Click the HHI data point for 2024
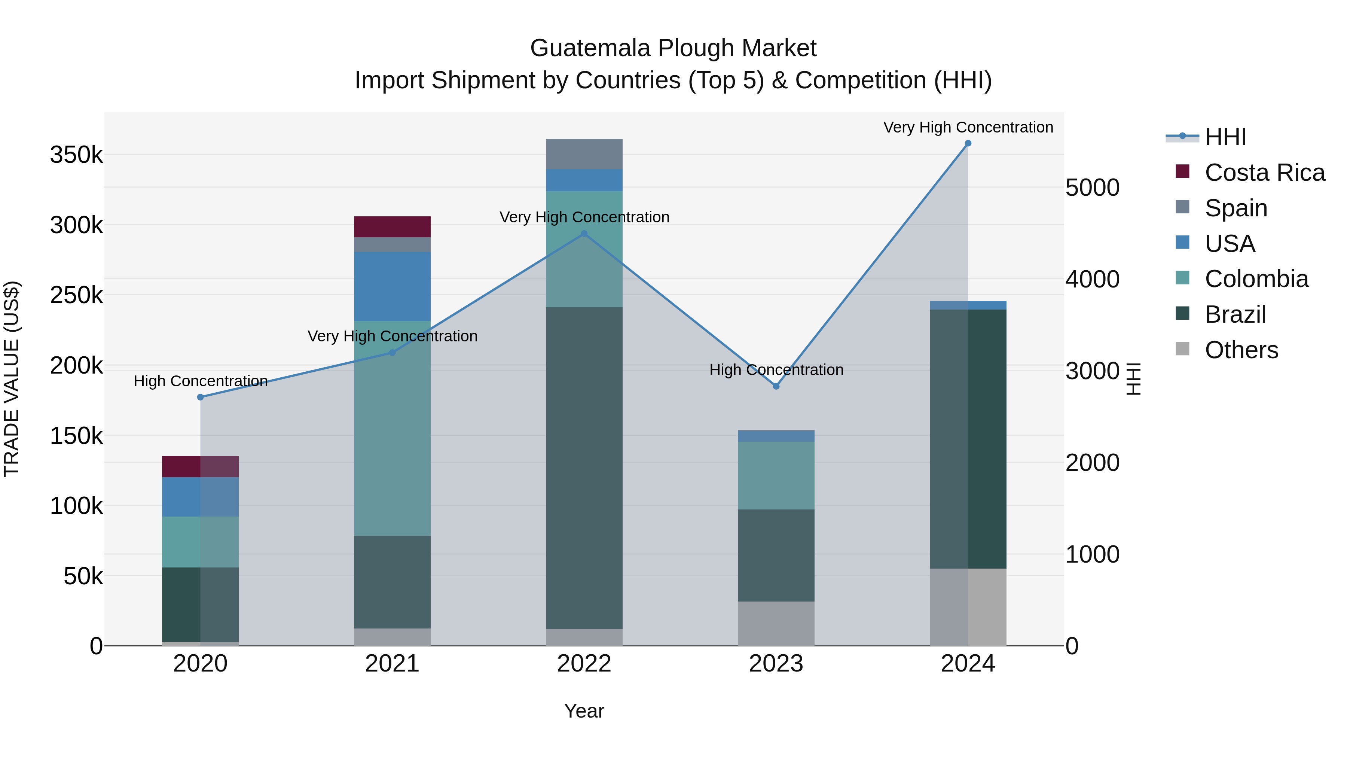968,143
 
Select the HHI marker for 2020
200,397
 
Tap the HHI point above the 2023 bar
776,386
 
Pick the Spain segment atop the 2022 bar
584,154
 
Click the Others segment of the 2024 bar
968,607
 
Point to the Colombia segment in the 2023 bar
776,475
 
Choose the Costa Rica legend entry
1264,173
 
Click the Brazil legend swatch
1182,314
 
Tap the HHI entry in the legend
1225,137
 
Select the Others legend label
1241,350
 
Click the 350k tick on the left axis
76,155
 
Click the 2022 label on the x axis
584,664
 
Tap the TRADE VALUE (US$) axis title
12,379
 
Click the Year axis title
584,711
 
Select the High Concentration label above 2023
776,370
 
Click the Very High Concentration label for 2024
968,127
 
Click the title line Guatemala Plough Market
673,48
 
